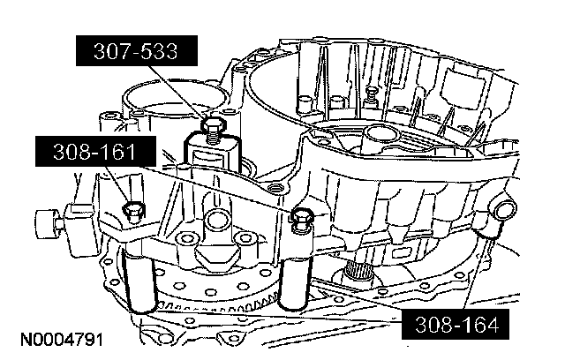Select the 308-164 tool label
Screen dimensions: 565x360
tap(450, 324)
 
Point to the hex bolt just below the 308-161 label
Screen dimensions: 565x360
tap(134, 210)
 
